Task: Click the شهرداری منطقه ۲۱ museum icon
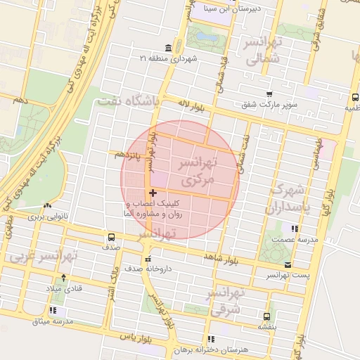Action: (x=167, y=48)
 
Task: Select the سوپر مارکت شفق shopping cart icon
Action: (x=269, y=94)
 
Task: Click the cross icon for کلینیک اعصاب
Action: (x=153, y=193)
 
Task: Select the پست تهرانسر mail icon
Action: (x=288, y=265)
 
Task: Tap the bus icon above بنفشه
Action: (x=266, y=316)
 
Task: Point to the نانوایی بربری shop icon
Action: (x=47, y=206)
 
